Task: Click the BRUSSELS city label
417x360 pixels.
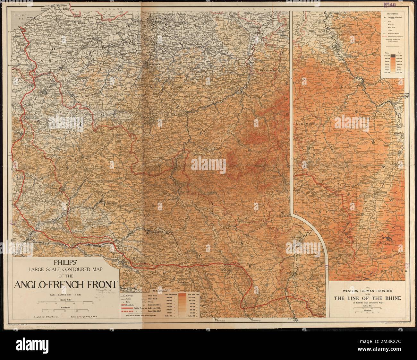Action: pos(151,68)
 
